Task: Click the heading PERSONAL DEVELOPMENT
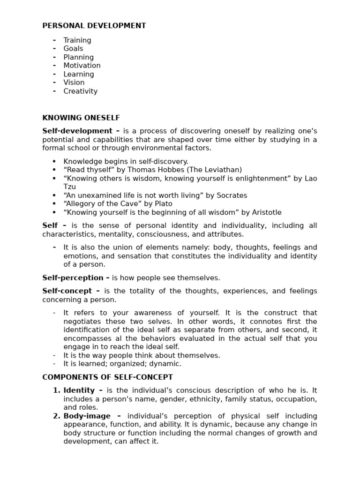[x=94, y=26]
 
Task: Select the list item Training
[x=77, y=40]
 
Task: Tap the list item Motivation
[x=82, y=66]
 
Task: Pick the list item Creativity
[x=81, y=91]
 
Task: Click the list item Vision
[x=74, y=82]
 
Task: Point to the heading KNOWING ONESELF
[x=81, y=118]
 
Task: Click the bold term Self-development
[x=77, y=131]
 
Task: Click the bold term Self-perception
[x=73, y=278]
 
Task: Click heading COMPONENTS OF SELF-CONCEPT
[x=107, y=377]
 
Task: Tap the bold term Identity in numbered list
[x=79, y=390]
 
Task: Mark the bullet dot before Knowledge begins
[x=55, y=161]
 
